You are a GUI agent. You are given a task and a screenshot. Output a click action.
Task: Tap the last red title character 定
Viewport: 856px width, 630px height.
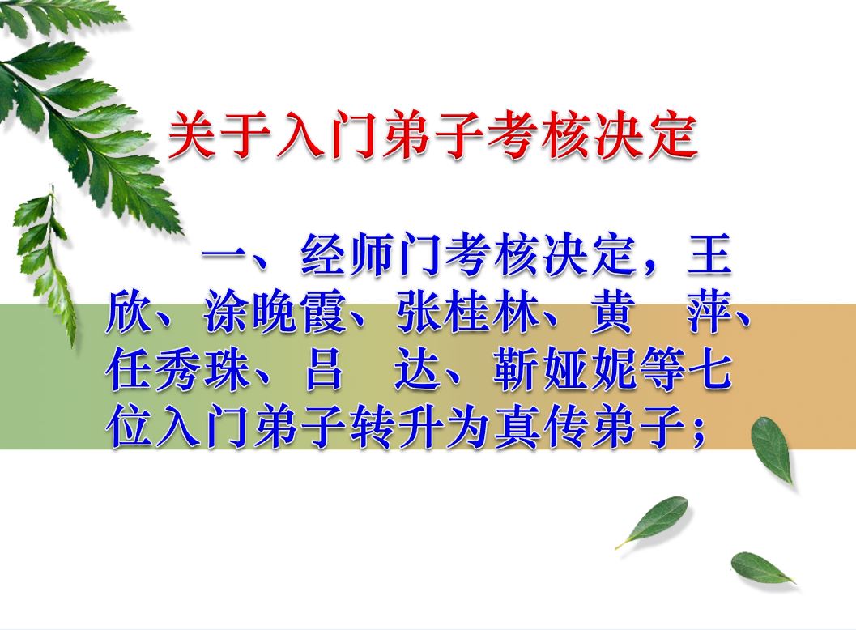coord(672,135)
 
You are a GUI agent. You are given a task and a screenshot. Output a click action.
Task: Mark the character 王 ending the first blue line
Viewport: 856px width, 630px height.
coord(709,255)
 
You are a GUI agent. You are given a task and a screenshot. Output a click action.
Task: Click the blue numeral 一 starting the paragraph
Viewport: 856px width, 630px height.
coord(226,254)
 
